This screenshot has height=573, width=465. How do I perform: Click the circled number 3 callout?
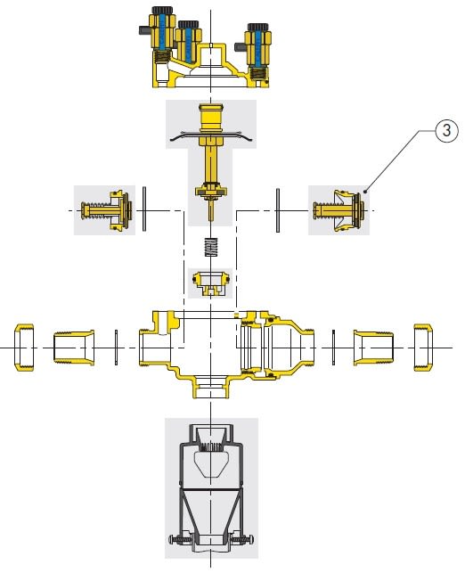click(446, 130)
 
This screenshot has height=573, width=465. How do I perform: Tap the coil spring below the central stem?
click(211, 247)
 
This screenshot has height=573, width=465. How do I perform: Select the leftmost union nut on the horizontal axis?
click(24, 348)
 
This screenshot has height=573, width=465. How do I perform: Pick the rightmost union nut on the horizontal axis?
click(423, 348)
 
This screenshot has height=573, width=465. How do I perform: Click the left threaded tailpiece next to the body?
click(74, 348)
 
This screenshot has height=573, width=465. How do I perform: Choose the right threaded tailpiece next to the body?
click(373, 348)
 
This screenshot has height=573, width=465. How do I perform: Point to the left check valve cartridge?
click(106, 210)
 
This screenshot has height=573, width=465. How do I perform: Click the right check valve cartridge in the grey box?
click(339, 211)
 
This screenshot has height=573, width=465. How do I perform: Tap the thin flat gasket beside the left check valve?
click(144, 209)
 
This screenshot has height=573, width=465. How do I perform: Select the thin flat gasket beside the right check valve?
click(278, 210)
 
